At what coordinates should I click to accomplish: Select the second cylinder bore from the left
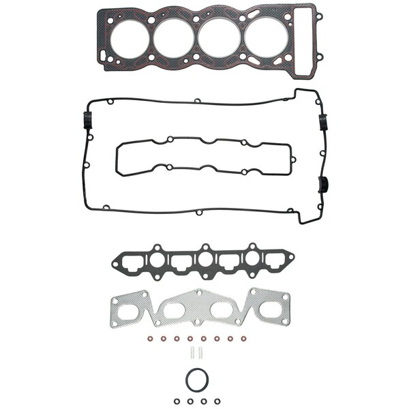pos(173,37)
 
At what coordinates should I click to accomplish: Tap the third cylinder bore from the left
pos(219,37)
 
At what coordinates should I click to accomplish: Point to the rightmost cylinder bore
pos(264,37)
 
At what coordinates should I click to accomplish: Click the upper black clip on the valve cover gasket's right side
pos(323,121)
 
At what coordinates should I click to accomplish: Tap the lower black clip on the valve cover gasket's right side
pos(324,183)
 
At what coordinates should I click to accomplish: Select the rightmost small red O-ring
pos(242,339)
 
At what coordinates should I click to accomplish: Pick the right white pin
pos(201,353)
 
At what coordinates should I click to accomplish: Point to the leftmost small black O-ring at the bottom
pos(177,401)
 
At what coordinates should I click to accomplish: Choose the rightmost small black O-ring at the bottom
pos(217,401)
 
